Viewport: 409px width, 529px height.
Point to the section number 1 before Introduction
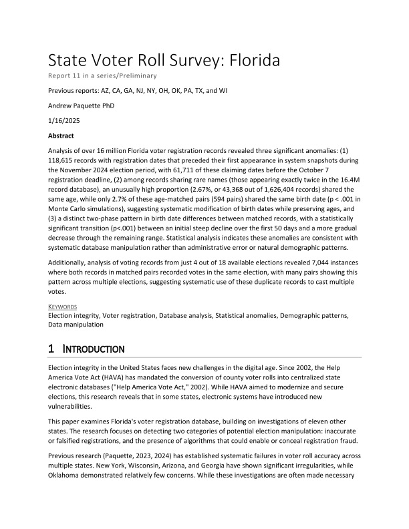coord(51,349)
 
